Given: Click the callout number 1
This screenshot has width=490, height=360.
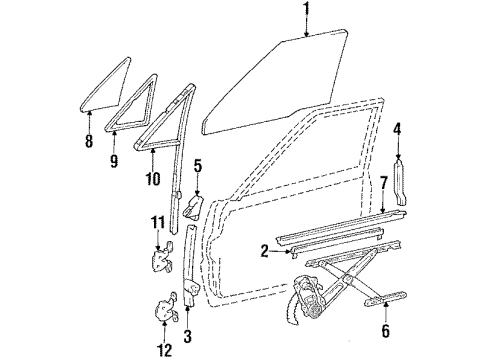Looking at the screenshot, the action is click(x=306, y=11).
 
